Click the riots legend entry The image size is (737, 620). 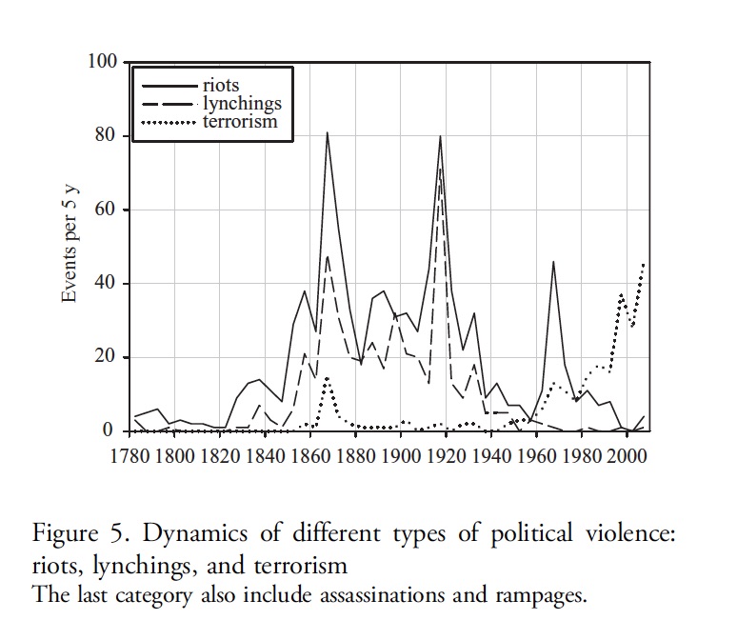(x=220, y=86)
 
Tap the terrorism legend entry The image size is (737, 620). (x=240, y=121)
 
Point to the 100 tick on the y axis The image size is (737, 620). (x=102, y=62)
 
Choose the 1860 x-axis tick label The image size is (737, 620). (x=309, y=454)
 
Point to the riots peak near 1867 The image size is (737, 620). (x=327, y=132)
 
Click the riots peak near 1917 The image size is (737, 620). (x=440, y=136)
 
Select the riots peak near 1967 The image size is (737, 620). (x=553, y=261)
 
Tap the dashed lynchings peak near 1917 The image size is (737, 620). (x=440, y=170)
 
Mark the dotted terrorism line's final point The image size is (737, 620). (x=645, y=264)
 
